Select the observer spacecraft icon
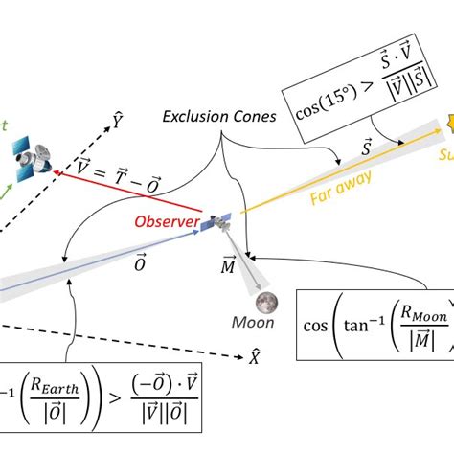click(220, 221)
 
